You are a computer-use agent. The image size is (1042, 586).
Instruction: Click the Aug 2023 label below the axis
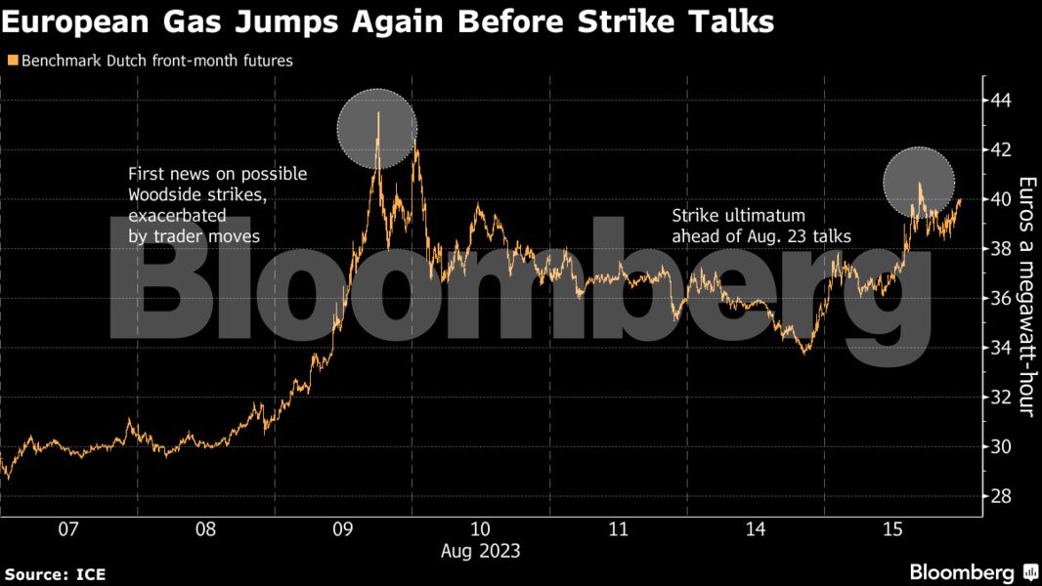[x=480, y=551]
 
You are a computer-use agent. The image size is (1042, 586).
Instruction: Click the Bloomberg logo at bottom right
[x=973, y=572]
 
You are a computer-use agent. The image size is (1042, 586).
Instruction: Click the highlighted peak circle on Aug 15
[x=919, y=182]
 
